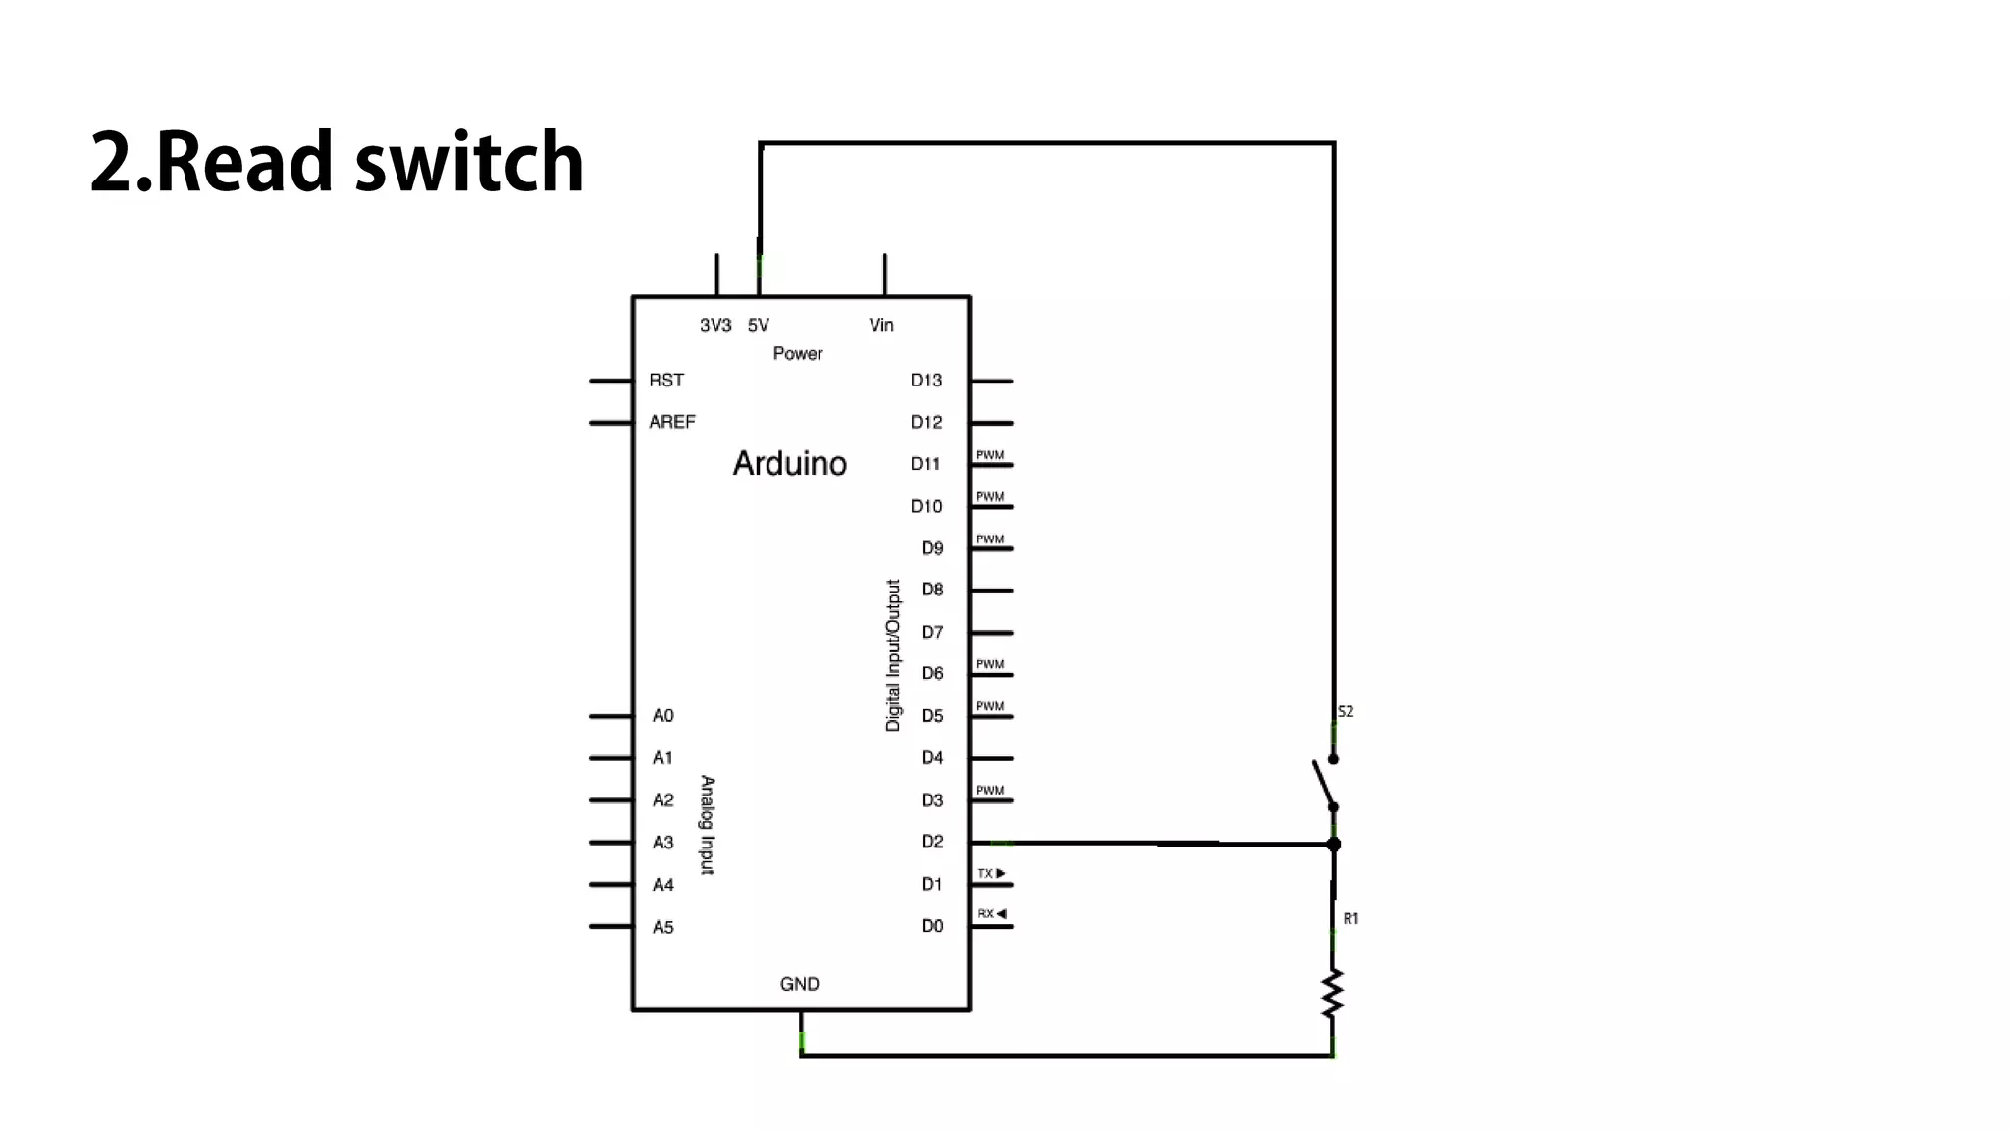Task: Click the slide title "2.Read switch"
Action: (337, 162)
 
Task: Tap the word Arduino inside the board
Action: (789, 463)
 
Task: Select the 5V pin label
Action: (758, 325)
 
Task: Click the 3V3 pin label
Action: (715, 325)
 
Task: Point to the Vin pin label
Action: (881, 325)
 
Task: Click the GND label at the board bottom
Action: (799, 984)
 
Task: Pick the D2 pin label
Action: (931, 842)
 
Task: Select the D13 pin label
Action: (926, 381)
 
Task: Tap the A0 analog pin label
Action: (663, 716)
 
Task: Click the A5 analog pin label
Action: (663, 927)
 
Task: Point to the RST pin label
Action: (666, 381)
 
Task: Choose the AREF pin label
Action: (672, 422)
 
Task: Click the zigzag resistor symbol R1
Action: (1332, 993)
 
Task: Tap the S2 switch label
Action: (1345, 712)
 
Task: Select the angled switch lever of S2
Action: (1323, 783)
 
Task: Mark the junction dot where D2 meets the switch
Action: (1333, 844)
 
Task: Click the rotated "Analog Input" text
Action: (707, 824)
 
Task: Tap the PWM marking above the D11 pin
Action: (989, 455)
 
